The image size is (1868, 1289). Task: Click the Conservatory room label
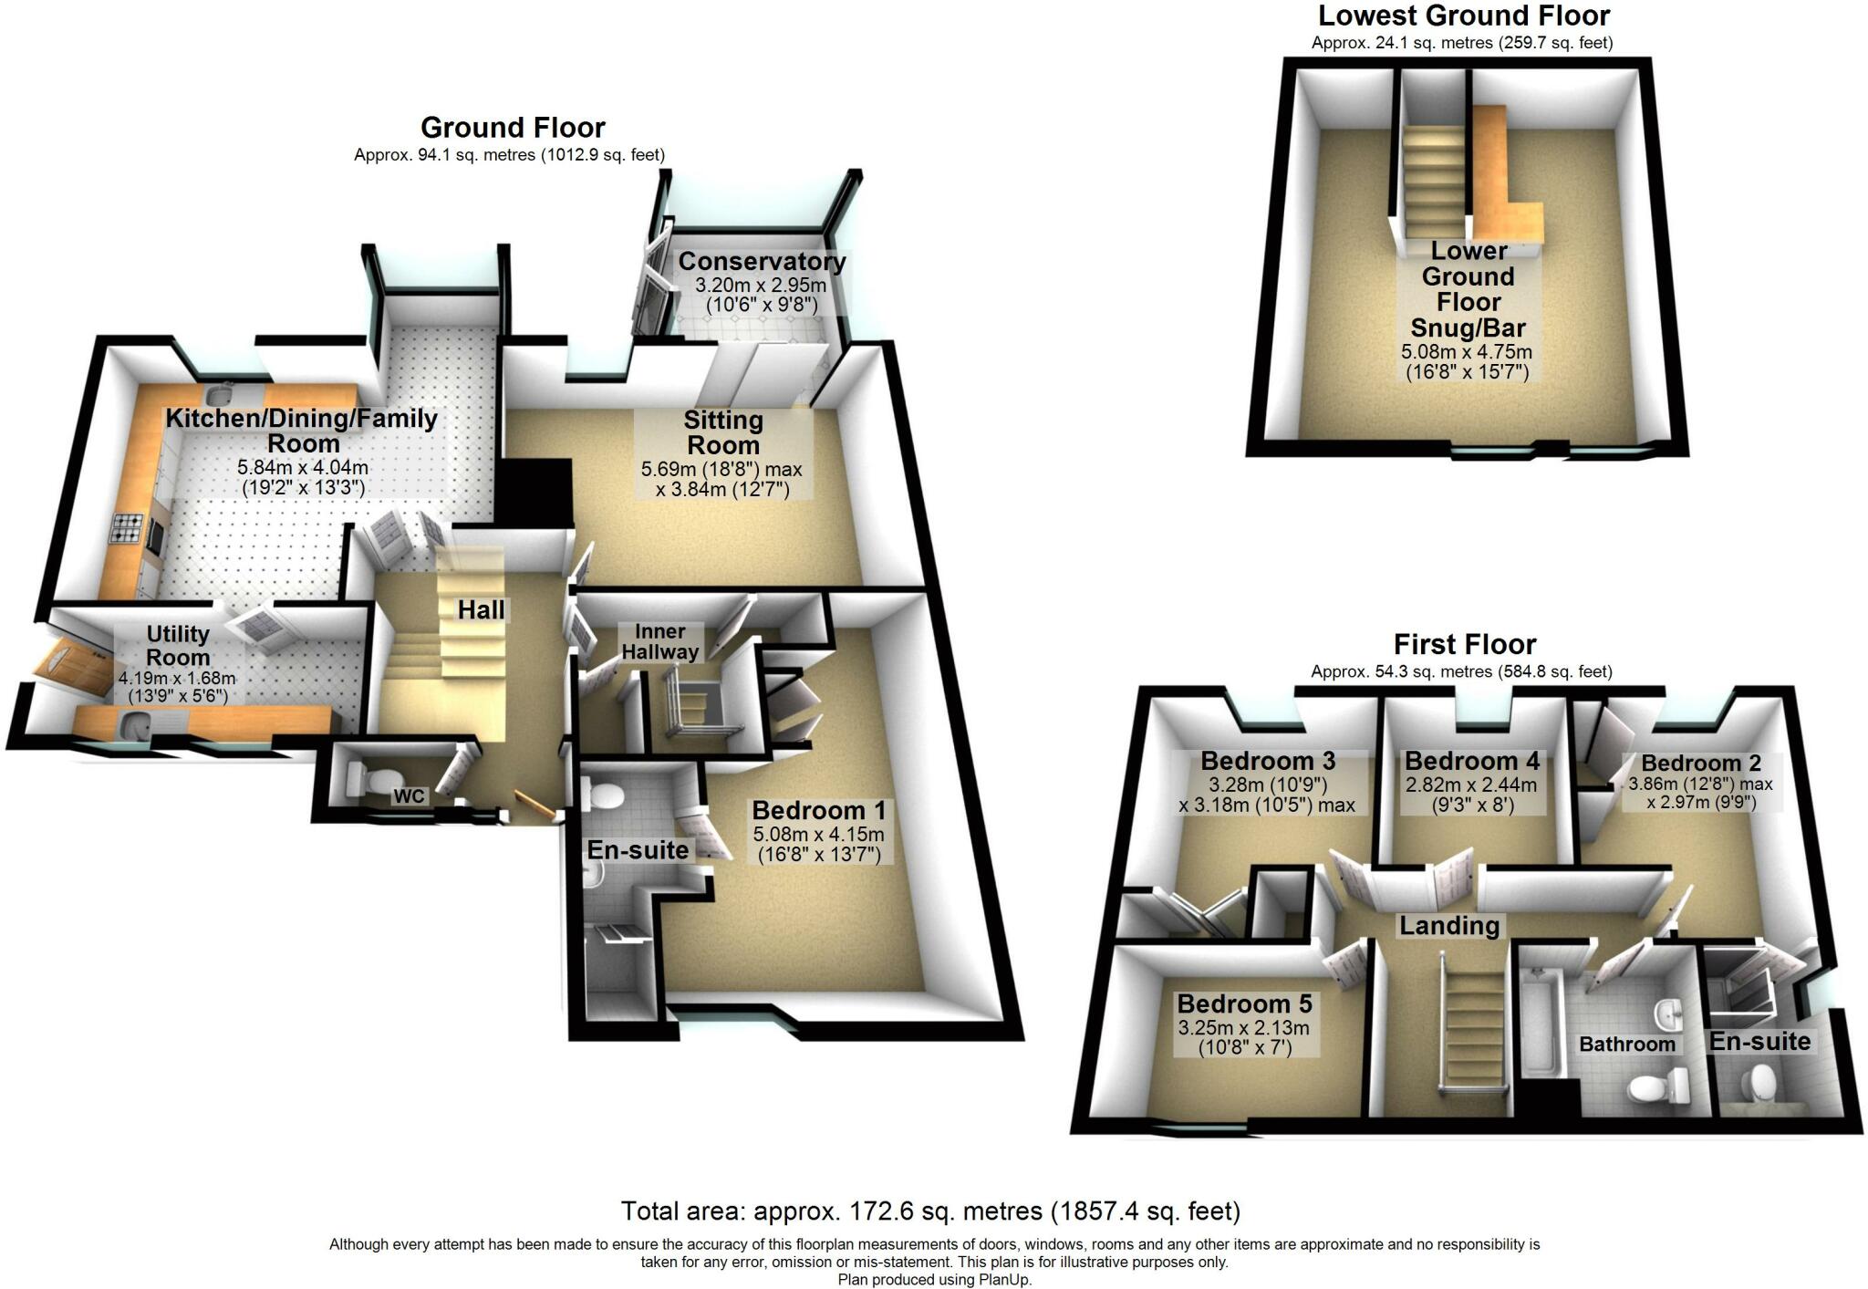pyautogui.click(x=762, y=262)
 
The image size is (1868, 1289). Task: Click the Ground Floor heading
pyautogui.click(x=513, y=128)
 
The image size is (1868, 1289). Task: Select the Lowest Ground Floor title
pyautogui.click(x=1463, y=16)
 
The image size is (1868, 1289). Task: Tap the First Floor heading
pyautogui.click(x=1464, y=645)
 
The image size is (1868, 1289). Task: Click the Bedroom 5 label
pyautogui.click(x=1244, y=1004)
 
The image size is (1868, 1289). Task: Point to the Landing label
pyautogui.click(x=1449, y=926)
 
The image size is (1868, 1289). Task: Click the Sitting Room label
pyautogui.click(x=722, y=433)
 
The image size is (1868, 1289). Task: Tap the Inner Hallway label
pyautogui.click(x=659, y=641)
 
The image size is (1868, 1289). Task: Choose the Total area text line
pyautogui.click(x=930, y=1211)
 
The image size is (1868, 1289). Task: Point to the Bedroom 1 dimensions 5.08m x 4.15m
pyautogui.click(x=818, y=835)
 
